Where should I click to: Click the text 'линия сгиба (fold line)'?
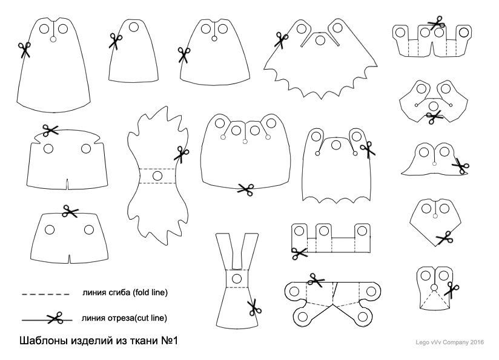tap(125, 293)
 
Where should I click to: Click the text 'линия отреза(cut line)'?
tap(124, 318)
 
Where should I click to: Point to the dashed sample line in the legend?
tap(45, 294)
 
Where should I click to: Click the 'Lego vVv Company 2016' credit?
tap(449, 342)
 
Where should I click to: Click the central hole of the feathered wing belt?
tap(157, 175)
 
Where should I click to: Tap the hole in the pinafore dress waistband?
tap(237, 279)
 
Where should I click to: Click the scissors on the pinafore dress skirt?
tap(254, 307)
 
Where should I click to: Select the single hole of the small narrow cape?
tap(134, 27)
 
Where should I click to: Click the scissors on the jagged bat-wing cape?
tap(281, 40)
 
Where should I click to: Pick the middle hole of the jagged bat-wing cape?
tap(320, 40)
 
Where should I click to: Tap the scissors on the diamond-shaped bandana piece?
tap(444, 238)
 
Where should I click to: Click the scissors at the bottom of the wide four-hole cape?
tap(246, 189)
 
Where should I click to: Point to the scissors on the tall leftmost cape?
tap(24, 50)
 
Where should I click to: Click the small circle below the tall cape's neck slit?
tap(53, 39)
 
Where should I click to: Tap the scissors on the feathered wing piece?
tap(181, 154)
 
